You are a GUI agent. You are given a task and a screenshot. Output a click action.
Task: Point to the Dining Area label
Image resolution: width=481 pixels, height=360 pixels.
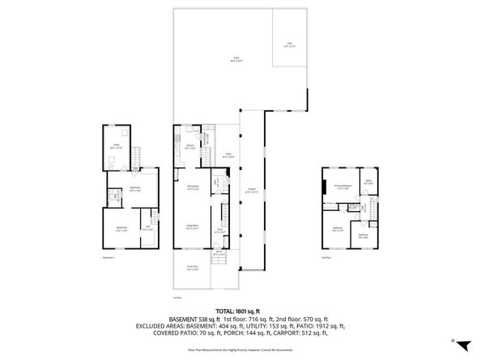click(194, 188)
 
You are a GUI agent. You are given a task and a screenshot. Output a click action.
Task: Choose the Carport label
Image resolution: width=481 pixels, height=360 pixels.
click(252, 191)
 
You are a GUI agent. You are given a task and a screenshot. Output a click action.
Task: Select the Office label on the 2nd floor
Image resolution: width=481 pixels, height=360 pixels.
click(368, 181)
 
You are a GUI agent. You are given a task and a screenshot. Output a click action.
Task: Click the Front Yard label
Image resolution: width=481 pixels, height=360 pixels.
click(193, 269)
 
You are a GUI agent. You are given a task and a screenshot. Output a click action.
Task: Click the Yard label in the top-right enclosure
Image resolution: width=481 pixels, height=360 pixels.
click(289, 44)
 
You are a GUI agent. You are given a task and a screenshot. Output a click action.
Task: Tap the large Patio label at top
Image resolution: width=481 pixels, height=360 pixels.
click(237, 58)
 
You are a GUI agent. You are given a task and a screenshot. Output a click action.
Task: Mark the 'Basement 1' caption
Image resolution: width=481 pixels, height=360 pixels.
click(109, 257)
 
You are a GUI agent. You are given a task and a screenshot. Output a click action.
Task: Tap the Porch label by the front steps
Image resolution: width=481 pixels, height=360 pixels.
click(219, 252)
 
